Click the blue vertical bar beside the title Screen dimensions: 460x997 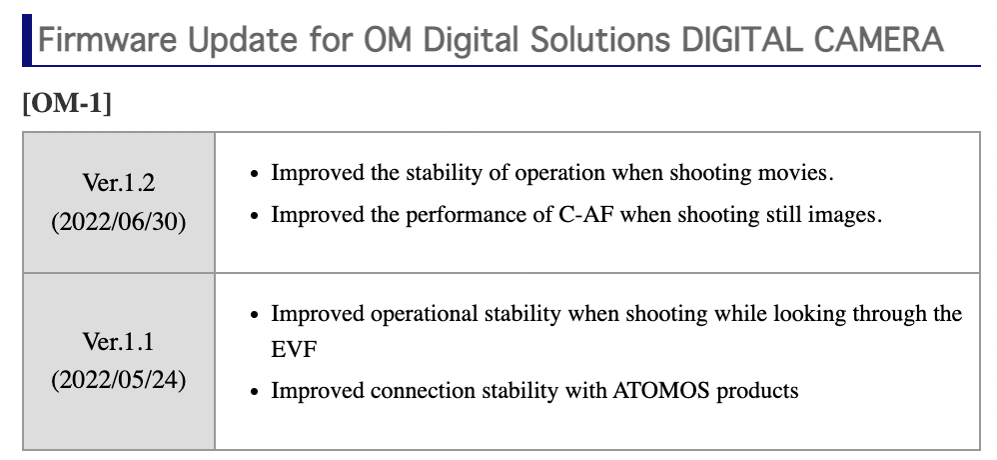pyautogui.click(x=26, y=40)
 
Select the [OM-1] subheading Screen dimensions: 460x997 pyautogui.click(x=65, y=104)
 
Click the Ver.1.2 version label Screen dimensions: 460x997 pyautogui.click(x=118, y=185)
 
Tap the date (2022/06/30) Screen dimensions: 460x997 pyautogui.click(x=118, y=220)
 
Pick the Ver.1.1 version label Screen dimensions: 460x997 pyautogui.click(x=118, y=342)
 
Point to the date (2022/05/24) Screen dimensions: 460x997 pyautogui.click(x=118, y=380)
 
